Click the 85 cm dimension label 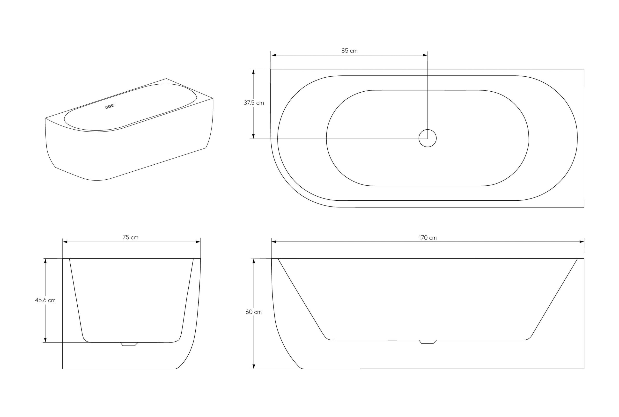tap(349, 51)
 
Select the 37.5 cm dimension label tap(254, 103)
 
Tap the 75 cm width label tap(130, 237)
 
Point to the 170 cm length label tap(427, 238)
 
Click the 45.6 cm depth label tap(45, 300)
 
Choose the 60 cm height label tap(253, 312)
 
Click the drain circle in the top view tap(427, 138)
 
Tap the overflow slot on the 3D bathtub tap(110, 106)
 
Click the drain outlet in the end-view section tap(129, 344)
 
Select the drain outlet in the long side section tap(428, 342)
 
